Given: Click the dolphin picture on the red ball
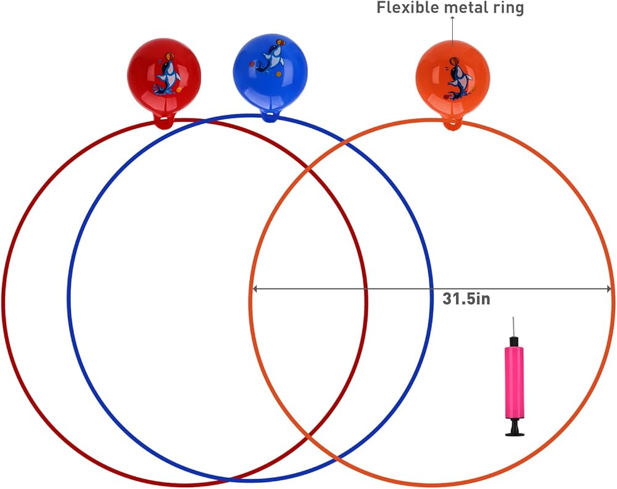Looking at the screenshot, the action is click(167, 76).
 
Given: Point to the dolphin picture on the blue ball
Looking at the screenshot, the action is click(269, 59).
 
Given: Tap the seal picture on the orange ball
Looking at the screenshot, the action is click(459, 80).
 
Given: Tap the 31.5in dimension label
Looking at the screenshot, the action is click(466, 298).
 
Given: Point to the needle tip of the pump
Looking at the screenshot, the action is click(513, 319).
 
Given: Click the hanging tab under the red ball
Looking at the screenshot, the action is click(164, 121).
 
